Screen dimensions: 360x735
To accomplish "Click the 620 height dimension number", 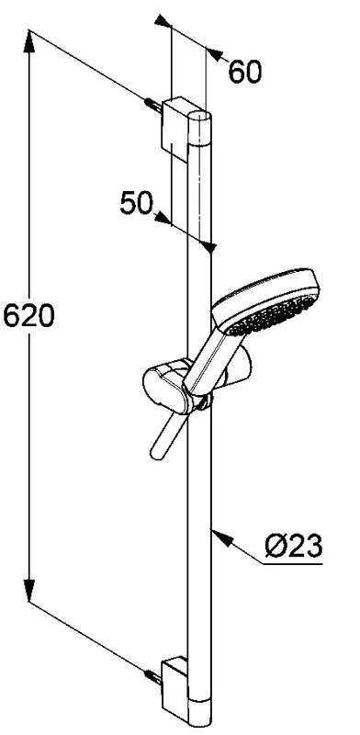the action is click(x=28, y=315).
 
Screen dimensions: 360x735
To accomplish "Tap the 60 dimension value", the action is click(x=244, y=73).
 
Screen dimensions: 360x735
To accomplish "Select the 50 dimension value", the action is click(x=137, y=203).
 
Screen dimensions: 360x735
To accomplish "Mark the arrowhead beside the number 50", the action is click(x=162, y=217).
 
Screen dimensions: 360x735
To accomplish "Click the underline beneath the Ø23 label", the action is click(x=293, y=563).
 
